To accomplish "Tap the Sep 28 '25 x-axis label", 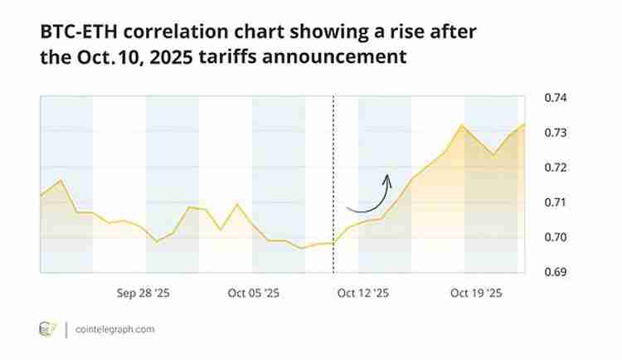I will (x=143, y=293).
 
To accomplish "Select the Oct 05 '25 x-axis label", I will (x=254, y=293).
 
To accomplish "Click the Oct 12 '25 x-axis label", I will (x=363, y=293).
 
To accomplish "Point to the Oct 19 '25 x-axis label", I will (x=475, y=293).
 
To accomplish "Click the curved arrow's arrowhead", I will (x=386, y=177).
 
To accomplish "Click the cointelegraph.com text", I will (x=114, y=329).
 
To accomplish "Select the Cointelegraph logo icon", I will (x=47, y=329).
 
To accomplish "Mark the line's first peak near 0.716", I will (x=60, y=180).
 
